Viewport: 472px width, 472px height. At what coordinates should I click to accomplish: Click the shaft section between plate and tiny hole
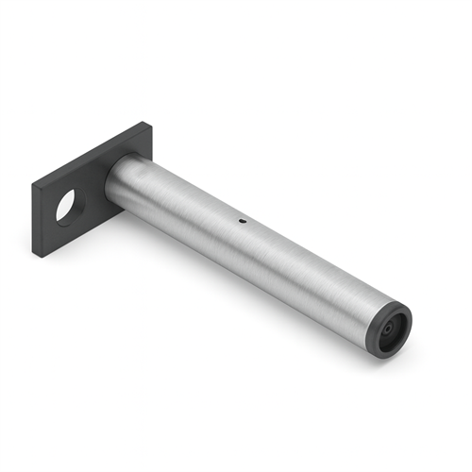pyautogui.click(x=179, y=198)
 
